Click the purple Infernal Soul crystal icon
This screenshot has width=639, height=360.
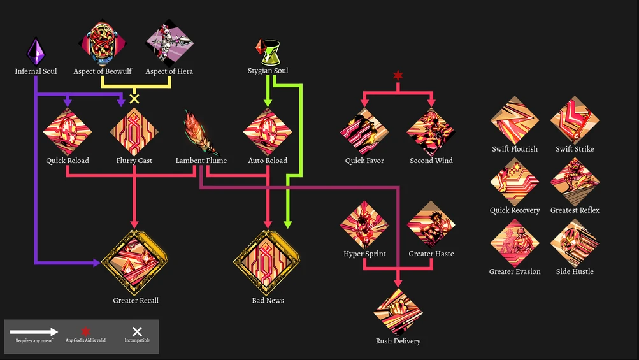(x=36, y=52)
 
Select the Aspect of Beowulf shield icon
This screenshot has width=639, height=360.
(x=103, y=43)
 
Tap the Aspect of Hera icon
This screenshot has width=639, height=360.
(x=169, y=43)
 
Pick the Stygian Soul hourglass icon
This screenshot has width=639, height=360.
(x=268, y=52)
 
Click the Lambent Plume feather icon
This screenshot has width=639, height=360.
(x=201, y=133)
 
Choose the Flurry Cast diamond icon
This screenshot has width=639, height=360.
(x=134, y=132)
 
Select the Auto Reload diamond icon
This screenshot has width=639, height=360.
(x=268, y=132)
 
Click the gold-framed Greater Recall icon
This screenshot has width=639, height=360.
(x=134, y=263)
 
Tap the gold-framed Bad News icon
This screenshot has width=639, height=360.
(x=266, y=263)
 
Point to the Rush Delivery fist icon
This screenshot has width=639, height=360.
(x=398, y=312)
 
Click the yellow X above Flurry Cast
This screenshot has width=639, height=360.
(x=134, y=99)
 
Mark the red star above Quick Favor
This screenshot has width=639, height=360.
(x=398, y=75)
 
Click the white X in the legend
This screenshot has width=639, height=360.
(x=138, y=331)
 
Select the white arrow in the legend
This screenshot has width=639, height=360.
(x=34, y=331)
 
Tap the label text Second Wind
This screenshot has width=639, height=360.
(x=431, y=161)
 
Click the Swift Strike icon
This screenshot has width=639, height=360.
(x=575, y=120)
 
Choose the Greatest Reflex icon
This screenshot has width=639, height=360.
(x=575, y=182)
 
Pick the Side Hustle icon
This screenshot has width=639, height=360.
(x=575, y=243)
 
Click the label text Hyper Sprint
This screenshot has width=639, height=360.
(x=364, y=254)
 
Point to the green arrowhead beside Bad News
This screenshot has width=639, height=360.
(x=288, y=224)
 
